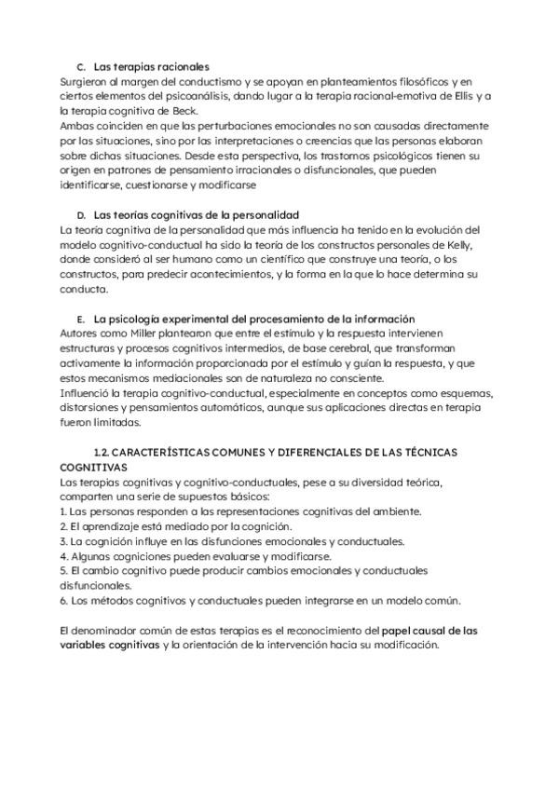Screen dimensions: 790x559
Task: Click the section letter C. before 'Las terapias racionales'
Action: point(81,67)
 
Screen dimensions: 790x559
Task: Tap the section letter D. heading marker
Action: point(81,215)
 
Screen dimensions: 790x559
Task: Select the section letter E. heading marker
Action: point(81,320)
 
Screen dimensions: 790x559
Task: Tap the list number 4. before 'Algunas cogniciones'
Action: point(62,555)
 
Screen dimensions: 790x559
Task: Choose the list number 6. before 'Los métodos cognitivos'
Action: point(62,600)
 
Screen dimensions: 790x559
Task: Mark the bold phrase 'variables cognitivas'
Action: point(108,645)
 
